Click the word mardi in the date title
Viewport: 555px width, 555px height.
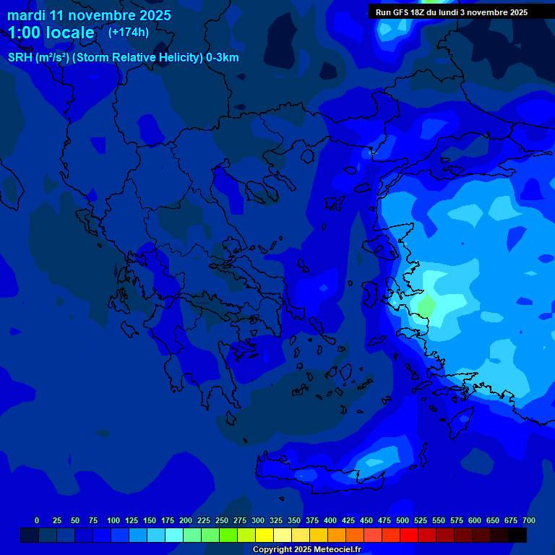[27, 15]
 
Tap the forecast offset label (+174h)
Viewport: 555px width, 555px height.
[129, 32]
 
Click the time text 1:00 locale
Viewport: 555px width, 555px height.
[51, 33]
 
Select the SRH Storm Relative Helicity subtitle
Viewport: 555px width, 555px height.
[123, 58]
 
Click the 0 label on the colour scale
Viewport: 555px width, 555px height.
[37, 521]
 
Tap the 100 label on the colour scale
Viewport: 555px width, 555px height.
[113, 521]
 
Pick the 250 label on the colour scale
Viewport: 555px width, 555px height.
[221, 521]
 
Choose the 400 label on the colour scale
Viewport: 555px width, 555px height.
[330, 521]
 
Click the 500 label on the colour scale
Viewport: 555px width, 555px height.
[402, 521]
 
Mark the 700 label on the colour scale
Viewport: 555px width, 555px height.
[528, 521]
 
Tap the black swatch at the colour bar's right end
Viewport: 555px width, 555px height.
[517, 535]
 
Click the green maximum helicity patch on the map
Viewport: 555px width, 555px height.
[426, 304]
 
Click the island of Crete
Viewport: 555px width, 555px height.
[329, 478]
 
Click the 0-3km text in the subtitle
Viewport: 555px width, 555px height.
[223, 58]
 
